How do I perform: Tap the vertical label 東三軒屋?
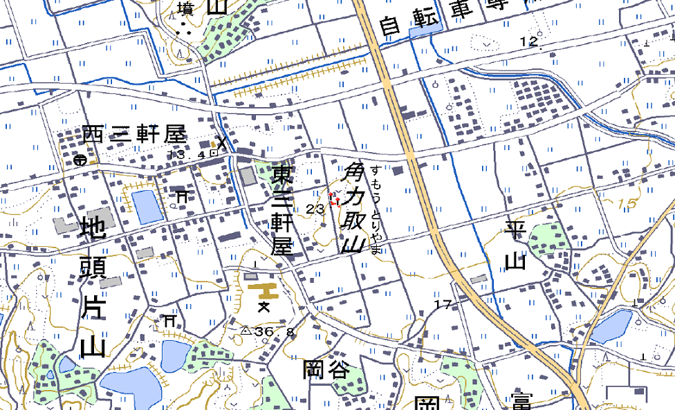[281, 210]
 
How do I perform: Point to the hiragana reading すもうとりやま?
[376, 210]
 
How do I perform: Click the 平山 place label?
[515, 245]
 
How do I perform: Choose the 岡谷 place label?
[326, 370]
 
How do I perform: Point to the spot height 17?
[443, 304]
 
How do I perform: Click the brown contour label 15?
[627, 204]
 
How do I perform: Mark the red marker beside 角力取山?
[335, 200]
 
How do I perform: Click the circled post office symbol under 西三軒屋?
[80, 160]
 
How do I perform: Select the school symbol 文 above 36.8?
[263, 306]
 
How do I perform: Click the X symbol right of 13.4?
[221, 144]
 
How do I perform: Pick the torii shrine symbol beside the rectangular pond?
[182, 196]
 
